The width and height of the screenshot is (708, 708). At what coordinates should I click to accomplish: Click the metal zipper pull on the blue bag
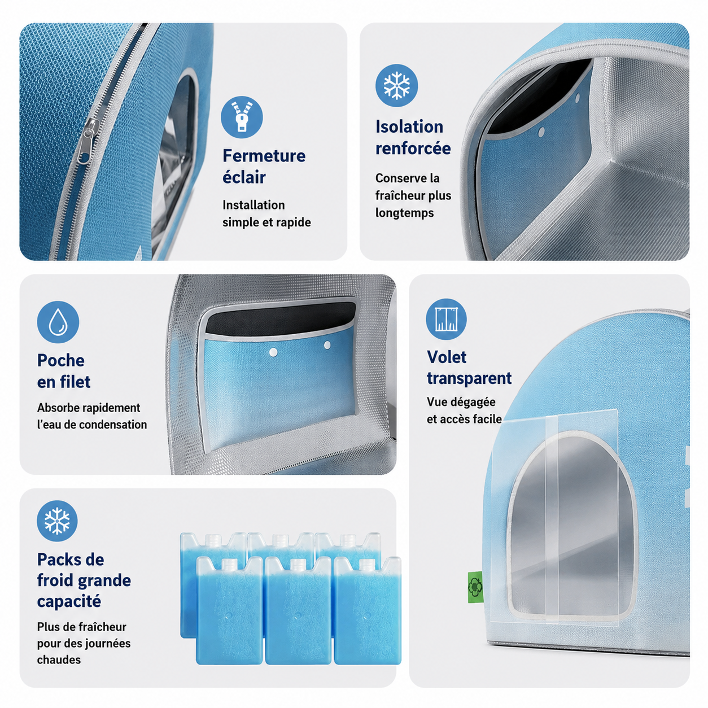click(88, 141)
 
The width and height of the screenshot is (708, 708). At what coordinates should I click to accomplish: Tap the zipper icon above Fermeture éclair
click(242, 117)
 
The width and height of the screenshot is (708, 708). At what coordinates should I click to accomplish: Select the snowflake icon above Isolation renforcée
click(396, 86)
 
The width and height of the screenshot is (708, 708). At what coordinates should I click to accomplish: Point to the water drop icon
click(58, 322)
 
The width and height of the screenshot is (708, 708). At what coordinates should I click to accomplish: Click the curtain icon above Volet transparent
click(446, 319)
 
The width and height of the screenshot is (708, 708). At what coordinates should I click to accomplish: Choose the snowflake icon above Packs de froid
click(57, 521)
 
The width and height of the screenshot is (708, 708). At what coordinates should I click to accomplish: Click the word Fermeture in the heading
click(264, 156)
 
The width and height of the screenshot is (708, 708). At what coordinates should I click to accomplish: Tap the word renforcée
click(413, 148)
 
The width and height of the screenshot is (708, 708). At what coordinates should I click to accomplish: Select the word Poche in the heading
click(60, 360)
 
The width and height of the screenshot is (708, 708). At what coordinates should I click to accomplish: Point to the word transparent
click(469, 378)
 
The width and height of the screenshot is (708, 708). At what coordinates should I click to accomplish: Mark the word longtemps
click(404, 213)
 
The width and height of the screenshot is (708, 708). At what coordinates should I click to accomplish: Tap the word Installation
click(254, 205)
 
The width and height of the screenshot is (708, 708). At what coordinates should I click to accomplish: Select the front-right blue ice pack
click(368, 611)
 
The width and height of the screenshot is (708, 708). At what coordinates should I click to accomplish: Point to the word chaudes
click(59, 660)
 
